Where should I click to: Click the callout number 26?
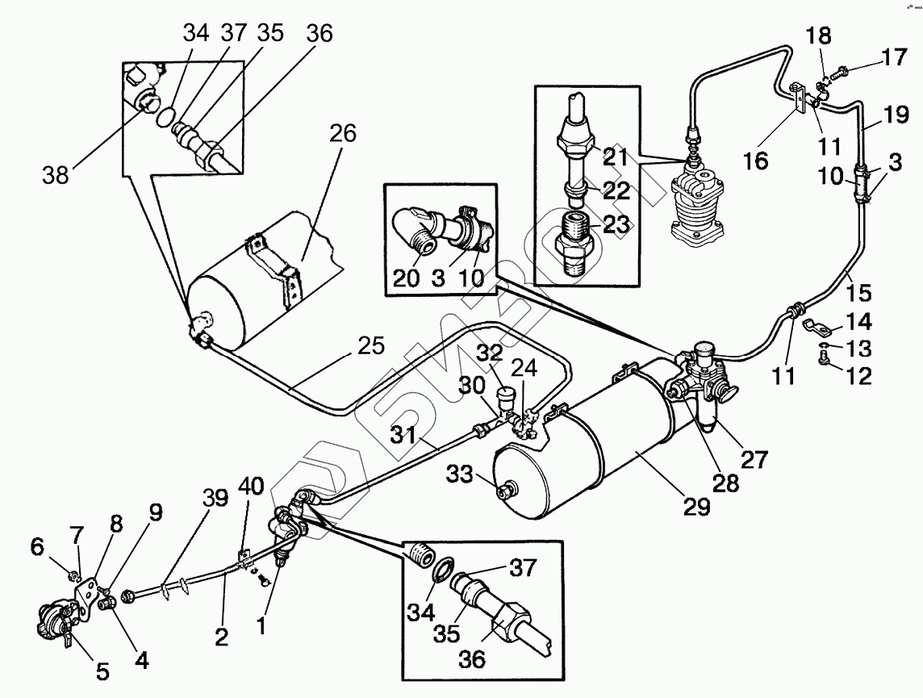pos(343,134)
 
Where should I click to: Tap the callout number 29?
pos(697,507)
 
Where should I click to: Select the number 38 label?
pos(56,174)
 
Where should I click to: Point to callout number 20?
pos(406,278)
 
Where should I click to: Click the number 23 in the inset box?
pos(616,224)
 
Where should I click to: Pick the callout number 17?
pos(894,57)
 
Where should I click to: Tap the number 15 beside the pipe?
pos(860,292)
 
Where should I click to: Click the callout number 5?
pos(103,671)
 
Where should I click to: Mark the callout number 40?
pos(252,487)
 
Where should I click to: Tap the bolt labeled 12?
pos(824,357)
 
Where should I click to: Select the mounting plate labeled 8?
pos(86,597)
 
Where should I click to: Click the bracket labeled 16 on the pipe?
pos(798,97)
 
